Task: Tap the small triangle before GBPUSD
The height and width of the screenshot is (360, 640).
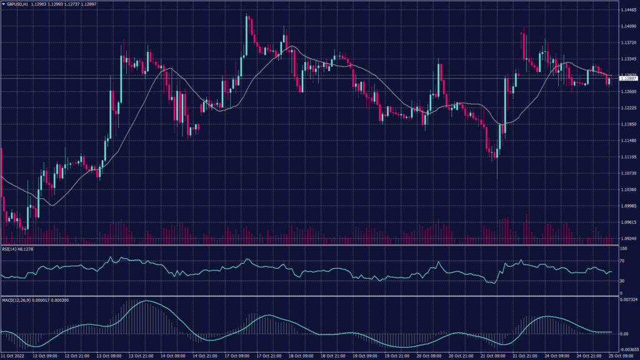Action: [x=3, y=4]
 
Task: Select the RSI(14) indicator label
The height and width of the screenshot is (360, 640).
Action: [x=9, y=249]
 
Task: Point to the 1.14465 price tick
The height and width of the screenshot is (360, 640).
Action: [x=628, y=10]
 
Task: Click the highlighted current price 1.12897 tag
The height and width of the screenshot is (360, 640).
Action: [x=628, y=79]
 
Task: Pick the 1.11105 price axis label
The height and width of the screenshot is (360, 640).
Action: [x=628, y=157]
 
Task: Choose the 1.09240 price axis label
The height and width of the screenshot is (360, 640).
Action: [x=628, y=238]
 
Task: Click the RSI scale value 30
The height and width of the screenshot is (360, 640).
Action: [x=622, y=281]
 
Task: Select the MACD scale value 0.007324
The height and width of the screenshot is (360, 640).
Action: [x=628, y=301]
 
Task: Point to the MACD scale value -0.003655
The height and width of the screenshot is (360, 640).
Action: [x=628, y=351]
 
